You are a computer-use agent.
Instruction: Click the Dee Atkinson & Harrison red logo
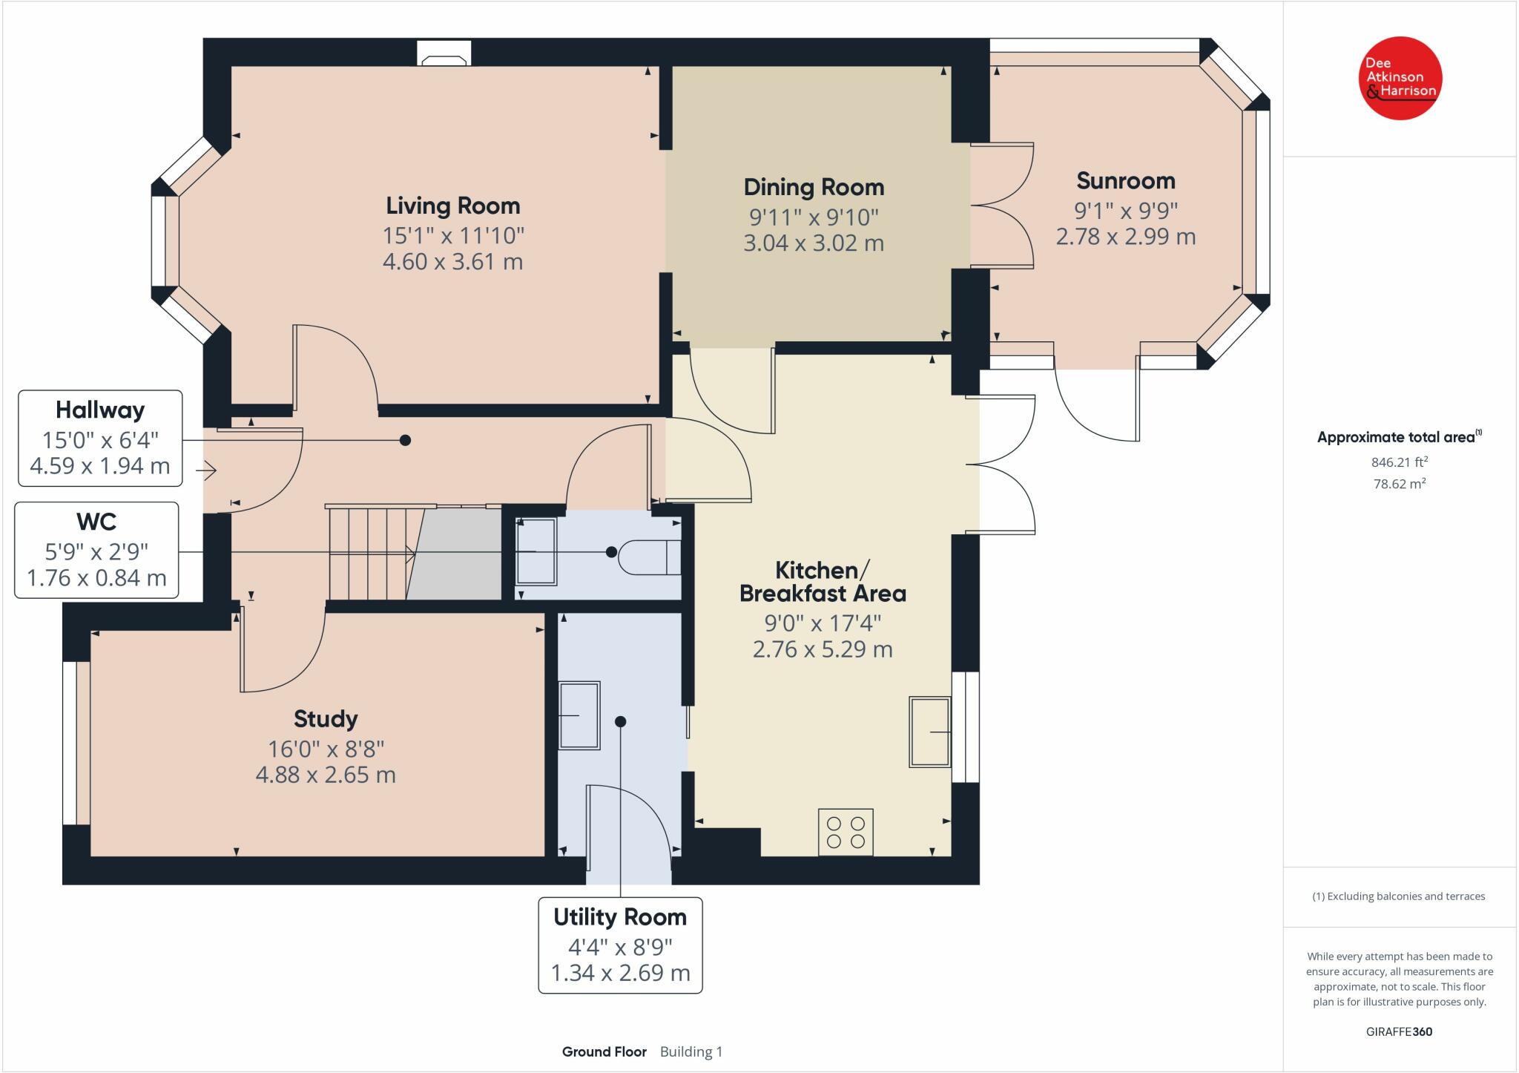1400,78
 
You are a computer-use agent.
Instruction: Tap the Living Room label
452,206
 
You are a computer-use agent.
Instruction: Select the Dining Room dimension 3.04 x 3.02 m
814,243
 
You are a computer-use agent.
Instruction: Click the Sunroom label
1125,180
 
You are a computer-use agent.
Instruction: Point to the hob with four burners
846,832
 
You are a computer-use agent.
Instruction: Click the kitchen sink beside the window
929,732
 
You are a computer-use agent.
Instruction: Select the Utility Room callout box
620,945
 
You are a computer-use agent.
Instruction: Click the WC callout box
96,550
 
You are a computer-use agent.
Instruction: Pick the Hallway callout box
100,438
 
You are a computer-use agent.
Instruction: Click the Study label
326,718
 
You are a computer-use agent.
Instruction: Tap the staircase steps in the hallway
367,553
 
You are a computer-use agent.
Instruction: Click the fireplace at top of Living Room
444,53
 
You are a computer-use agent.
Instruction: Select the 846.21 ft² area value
1399,462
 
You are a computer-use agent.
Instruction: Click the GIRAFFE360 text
1399,1031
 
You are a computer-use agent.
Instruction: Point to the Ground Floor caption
604,1051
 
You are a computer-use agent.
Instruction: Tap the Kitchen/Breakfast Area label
822,582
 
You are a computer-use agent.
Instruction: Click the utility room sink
579,715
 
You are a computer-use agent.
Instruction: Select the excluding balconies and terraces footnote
1398,896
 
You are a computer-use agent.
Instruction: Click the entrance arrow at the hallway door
206,470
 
